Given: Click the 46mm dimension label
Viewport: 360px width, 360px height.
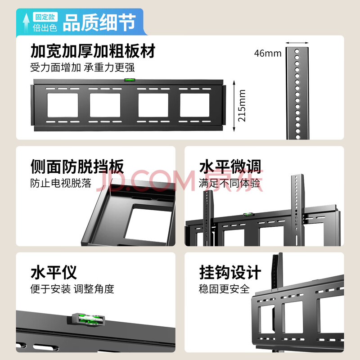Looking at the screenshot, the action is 268,54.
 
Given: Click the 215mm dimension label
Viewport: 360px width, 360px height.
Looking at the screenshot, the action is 242,106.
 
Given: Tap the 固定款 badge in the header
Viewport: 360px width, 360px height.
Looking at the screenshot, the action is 45,17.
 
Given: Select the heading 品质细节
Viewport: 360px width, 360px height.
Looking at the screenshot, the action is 99,22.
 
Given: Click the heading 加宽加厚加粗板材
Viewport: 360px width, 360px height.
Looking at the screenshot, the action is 93,51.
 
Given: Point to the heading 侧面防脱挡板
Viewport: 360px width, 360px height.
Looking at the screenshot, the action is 77,166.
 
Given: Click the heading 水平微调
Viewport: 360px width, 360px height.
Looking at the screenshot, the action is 230,166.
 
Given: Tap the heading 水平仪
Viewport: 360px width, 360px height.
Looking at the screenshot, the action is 54,272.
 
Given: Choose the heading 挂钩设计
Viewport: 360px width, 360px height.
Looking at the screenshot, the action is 230,272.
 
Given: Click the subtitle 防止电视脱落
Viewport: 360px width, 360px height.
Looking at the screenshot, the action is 61,183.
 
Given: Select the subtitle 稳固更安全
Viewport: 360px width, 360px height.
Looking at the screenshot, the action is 224,289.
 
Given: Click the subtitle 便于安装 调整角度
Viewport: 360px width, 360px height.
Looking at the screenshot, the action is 72,289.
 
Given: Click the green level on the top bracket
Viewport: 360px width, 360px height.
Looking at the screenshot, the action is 130,80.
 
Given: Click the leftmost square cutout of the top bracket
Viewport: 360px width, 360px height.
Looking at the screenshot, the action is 63,105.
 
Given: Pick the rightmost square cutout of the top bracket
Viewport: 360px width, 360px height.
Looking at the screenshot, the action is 195,105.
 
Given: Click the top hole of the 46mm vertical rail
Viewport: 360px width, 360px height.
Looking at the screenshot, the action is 297,51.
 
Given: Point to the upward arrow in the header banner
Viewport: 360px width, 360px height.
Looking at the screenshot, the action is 26,22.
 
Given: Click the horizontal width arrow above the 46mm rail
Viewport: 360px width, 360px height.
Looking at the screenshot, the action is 297,43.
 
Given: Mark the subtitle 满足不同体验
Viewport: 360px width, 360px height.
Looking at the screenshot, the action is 229,183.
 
